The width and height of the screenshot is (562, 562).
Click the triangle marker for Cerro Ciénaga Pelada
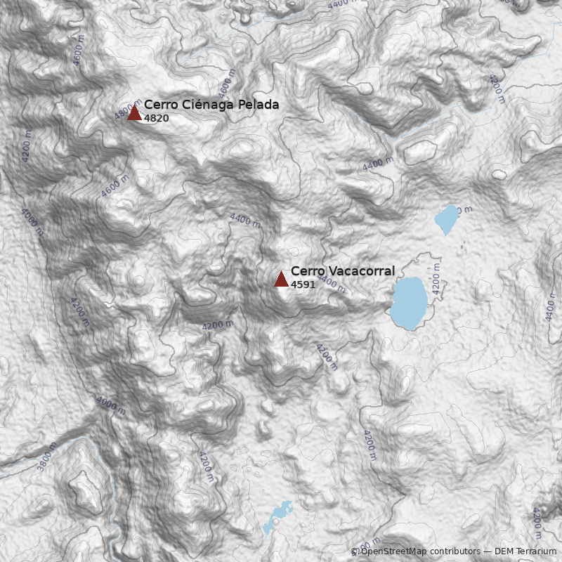134,112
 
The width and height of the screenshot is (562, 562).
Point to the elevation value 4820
156,118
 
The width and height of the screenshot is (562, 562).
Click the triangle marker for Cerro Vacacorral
281,279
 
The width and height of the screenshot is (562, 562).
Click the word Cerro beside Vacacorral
306,271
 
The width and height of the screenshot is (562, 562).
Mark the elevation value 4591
303,285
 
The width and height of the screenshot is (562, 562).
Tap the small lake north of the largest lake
445,219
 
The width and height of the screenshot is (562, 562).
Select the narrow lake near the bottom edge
276,516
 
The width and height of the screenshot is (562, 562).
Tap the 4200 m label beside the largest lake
436,278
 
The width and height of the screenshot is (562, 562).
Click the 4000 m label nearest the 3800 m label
111,405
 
